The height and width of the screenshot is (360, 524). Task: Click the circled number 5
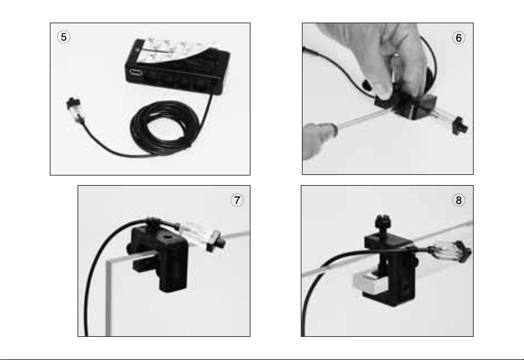click(x=63, y=37)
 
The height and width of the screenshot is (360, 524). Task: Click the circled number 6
click(x=458, y=38)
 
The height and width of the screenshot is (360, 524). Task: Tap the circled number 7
click(x=237, y=200)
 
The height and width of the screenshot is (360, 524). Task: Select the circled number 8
click(x=458, y=200)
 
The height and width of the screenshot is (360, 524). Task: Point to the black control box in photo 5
click(x=177, y=67)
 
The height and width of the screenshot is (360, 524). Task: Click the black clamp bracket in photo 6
click(x=408, y=105)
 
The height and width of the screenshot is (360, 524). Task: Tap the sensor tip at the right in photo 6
click(x=460, y=125)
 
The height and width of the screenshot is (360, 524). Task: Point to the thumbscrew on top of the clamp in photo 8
click(x=382, y=224)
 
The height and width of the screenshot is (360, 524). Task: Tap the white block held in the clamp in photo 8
click(x=368, y=281)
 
